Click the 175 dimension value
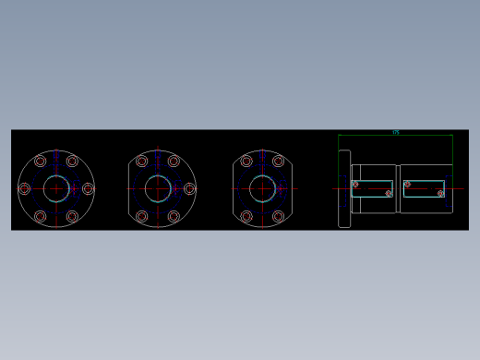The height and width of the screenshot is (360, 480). [396, 132]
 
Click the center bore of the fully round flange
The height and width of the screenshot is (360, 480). [56, 188]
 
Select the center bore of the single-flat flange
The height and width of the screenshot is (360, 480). [158, 188]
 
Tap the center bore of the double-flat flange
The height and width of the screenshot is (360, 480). [262, 188]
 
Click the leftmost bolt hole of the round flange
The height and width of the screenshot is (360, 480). [25, 188]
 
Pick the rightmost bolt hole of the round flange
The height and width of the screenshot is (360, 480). [88, 188]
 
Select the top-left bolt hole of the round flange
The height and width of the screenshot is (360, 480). [41, 162]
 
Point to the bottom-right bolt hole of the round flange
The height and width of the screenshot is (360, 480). [72, 216]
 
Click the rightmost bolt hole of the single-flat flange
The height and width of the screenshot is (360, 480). [189, 188]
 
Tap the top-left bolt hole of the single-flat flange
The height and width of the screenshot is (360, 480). [142, 162]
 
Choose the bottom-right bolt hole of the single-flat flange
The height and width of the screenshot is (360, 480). [174, 216]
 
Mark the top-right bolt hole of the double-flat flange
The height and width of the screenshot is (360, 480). [278, 162]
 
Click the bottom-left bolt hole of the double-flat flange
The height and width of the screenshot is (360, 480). [246, 216]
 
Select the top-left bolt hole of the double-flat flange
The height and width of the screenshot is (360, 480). [246, 162]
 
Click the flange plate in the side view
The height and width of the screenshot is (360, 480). [344, 188]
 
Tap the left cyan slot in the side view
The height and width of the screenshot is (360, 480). [372, 188]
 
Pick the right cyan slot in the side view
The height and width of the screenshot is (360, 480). [424, 188]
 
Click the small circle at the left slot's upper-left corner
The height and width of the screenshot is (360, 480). [355, 184]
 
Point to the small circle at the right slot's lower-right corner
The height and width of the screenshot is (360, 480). [440, 193]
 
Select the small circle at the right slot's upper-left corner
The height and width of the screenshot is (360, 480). [407, 184]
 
